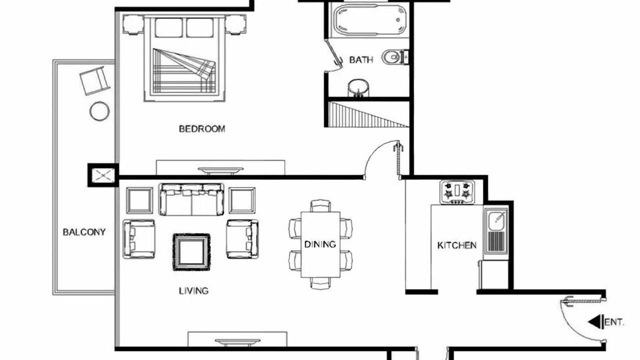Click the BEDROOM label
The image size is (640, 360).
coord(202,129)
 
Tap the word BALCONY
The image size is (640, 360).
coord(84,232)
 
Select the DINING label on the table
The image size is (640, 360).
coord(320,244)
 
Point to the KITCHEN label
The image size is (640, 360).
coord(457,245)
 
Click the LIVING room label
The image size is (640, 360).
coord(193,291)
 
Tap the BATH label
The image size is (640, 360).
coord(361,59)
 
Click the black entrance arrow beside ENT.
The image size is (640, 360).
coord(595,321)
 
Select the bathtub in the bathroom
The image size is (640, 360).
coord(370,20)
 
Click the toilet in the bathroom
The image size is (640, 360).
coord(395,57)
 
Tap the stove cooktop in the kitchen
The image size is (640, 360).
coord(457,192)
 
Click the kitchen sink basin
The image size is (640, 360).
coord(496,221)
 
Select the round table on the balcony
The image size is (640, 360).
coord(99,111)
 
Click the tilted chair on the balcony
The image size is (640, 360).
coord(95,80)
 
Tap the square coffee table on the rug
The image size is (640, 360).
coord(191,252)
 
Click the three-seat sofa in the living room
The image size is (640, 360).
coord(191,199)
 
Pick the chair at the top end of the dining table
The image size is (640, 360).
coord(320,205)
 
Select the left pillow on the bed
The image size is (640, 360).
coord(169,27)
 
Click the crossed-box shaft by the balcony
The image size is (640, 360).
coord(103,175)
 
